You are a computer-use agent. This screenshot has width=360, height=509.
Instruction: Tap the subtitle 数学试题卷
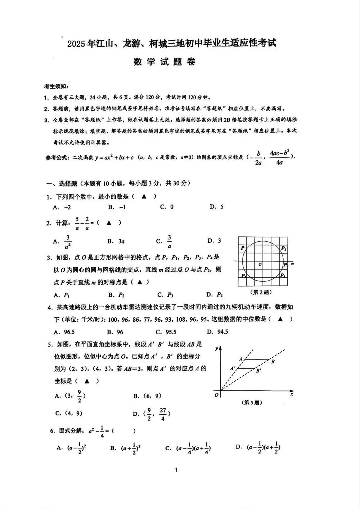[165, 62]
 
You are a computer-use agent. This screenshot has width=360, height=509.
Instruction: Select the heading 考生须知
[56, 86]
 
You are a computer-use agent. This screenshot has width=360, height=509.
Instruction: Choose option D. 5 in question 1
[217, 207]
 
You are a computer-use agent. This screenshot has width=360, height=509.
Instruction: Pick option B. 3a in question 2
[116, 241]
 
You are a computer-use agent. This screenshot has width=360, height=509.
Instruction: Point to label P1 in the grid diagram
[284, 249]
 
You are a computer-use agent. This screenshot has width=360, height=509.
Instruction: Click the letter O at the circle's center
[260, 265]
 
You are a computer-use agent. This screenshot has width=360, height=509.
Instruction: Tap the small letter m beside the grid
[292, 264]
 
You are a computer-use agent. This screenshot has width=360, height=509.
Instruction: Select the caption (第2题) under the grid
[261, 293]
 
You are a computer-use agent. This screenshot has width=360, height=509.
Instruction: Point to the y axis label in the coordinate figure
[216, 348]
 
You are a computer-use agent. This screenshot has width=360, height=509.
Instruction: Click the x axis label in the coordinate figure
[292, 394]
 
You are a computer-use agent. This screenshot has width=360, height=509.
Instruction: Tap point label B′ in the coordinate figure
[259, 371]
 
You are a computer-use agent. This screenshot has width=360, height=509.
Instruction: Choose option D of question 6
[258, 447]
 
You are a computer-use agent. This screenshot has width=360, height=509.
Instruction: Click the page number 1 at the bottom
[176, 470]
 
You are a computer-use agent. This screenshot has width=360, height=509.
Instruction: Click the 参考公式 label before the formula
[58, 157]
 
